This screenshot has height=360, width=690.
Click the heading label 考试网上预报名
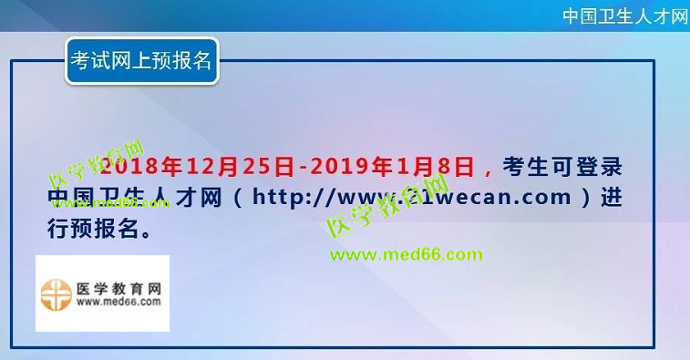point(141,61)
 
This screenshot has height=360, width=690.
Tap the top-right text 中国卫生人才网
point(624,16)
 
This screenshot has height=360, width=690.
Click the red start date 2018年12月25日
point(197,167)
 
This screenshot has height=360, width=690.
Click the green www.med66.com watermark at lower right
point(407,254)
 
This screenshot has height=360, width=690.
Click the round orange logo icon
point(57,293)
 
